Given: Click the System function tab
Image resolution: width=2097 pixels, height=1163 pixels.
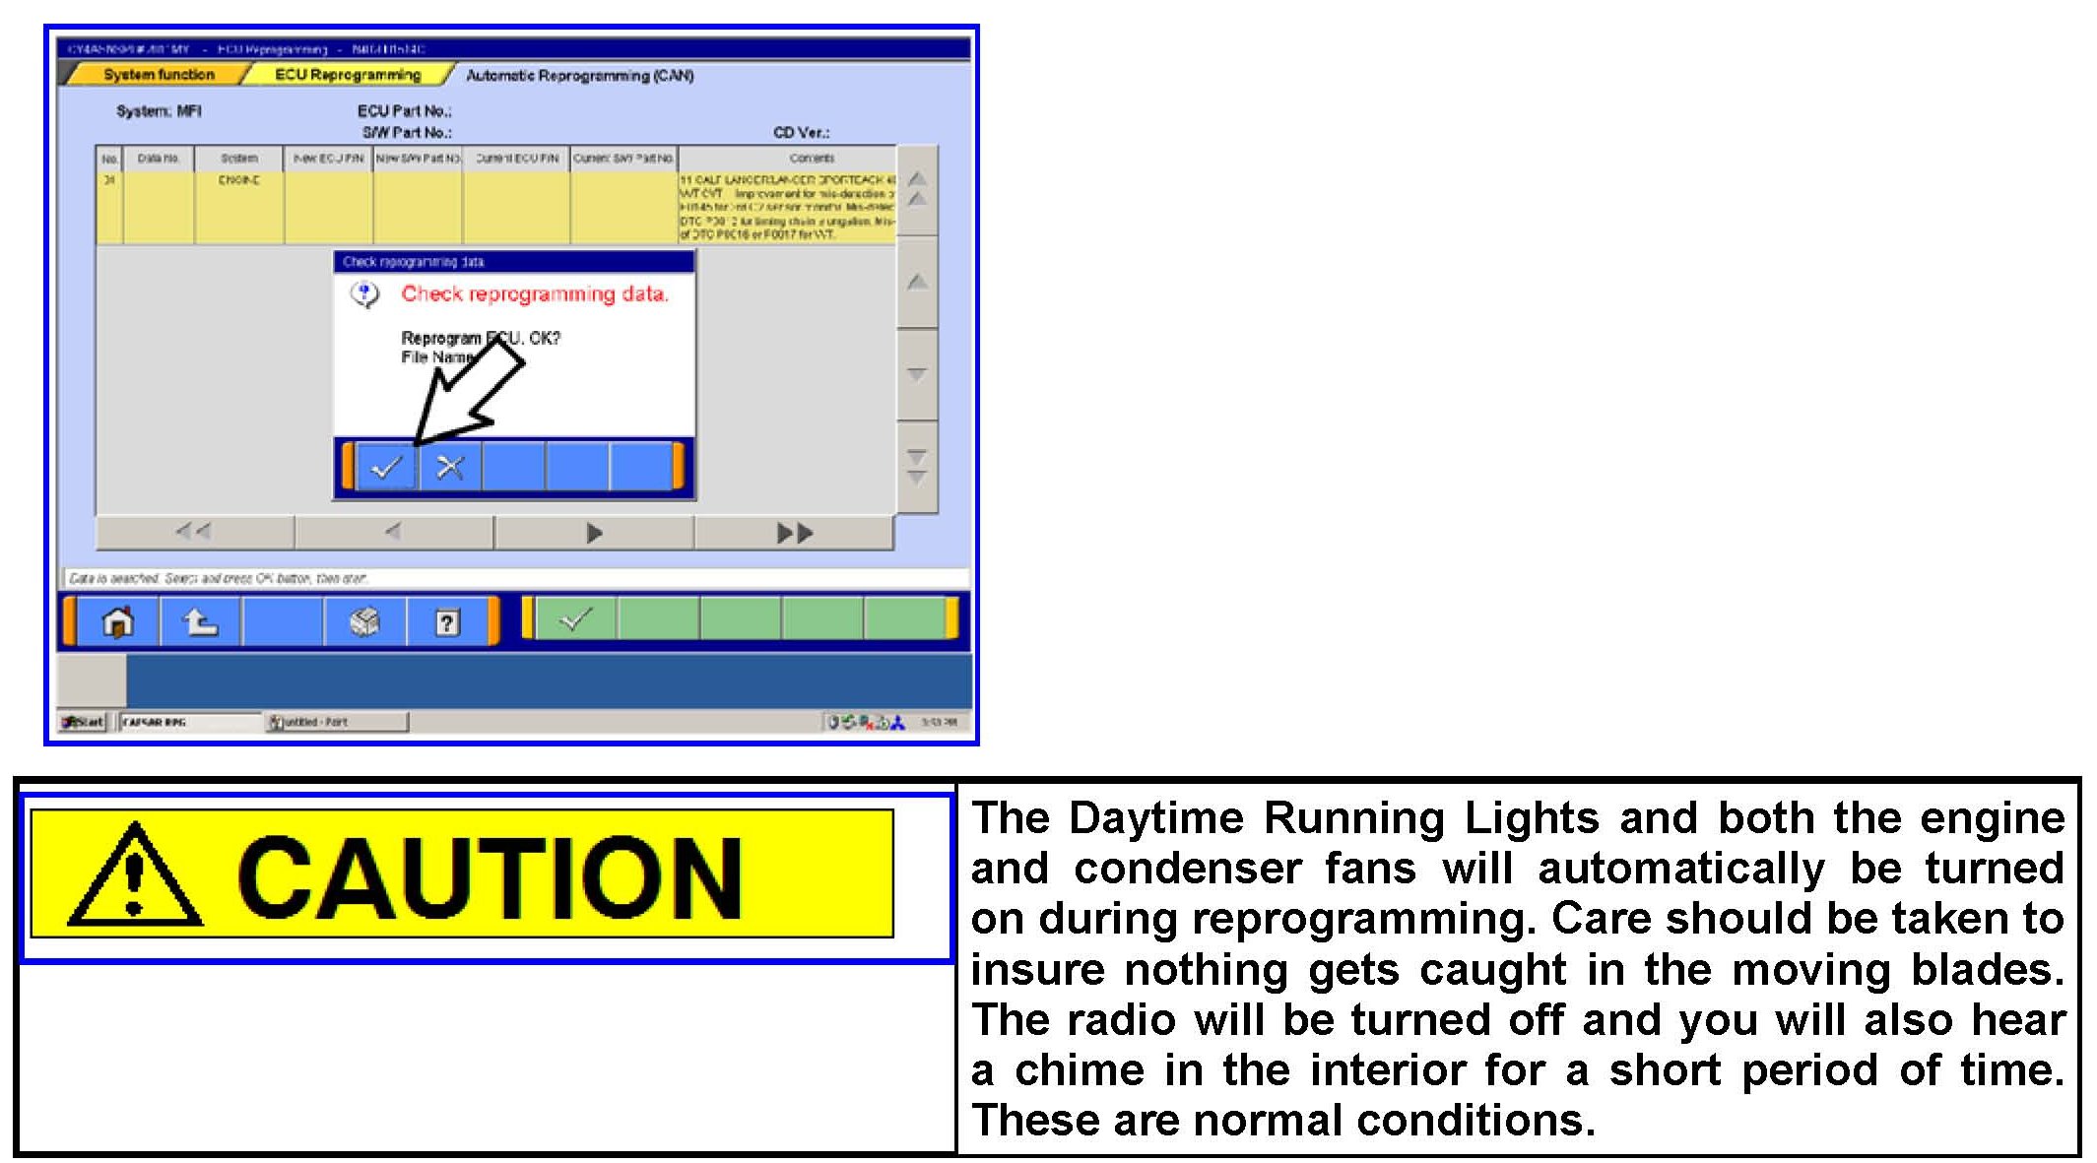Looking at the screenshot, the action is point(158,75).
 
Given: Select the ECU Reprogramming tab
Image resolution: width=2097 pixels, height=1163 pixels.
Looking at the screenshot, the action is point(347,75).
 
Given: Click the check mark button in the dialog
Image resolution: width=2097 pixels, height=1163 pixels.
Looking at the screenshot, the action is point(385,467).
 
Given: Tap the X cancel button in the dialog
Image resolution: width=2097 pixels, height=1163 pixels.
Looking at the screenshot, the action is point(450,467).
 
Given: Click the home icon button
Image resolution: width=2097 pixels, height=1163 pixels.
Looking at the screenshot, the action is point(118,622).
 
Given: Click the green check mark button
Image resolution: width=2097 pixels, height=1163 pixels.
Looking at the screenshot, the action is point(575,619).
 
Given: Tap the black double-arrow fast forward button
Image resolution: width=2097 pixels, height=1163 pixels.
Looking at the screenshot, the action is point(794,533).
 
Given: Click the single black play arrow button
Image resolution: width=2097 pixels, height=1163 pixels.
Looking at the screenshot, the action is point(594,533).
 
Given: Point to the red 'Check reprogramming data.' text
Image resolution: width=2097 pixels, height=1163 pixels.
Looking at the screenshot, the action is point(535,293).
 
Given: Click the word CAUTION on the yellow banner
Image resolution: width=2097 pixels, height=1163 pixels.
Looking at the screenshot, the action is point(490,877).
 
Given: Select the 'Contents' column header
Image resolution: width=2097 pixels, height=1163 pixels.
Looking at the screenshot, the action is point(812,158).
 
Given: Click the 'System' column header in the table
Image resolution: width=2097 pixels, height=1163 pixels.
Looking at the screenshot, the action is point(239,158).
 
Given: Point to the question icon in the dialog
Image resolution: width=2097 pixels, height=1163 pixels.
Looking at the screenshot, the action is point(365,293).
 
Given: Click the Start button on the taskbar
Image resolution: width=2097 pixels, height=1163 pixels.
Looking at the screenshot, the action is point(83,722).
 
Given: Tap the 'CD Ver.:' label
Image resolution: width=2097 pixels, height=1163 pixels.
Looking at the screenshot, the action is point(801,132).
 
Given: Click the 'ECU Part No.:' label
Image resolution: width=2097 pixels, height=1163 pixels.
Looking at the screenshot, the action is point(404,111).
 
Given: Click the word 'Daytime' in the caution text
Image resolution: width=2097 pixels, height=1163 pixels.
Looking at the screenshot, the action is point(1156,817).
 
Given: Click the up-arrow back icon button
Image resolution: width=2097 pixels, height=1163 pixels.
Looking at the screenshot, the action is point(200,622).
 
